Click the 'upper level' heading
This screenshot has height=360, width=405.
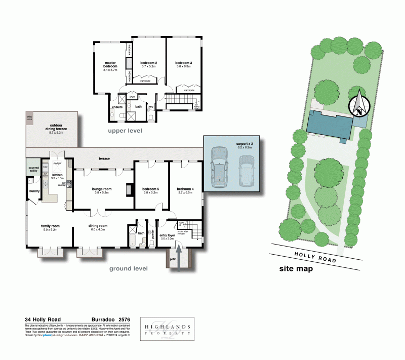point(125,131)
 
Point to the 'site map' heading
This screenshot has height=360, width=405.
point(296,269)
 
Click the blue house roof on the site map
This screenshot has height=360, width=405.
point(330,126)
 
